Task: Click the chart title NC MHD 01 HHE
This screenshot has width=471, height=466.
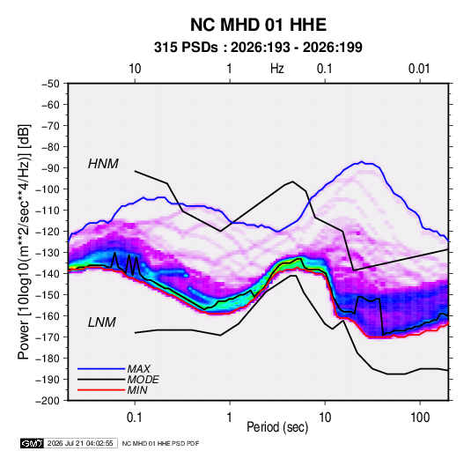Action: (x=258, y=25)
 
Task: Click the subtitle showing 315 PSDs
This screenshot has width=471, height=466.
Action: (x=258, y=48)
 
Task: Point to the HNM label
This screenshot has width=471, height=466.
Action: (x=103, y=164)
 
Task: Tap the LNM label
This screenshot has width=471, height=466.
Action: (x=102, y=322)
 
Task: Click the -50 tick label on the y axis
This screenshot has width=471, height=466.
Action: (x=50, y=84)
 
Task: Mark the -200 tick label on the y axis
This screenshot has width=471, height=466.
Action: (x=48, y=401)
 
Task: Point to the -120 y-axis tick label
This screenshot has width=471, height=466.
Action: (x=48, y=232)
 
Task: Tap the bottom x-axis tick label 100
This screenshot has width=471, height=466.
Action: (x=420, y=418)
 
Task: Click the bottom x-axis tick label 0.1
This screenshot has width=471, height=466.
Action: (x=135, y=418)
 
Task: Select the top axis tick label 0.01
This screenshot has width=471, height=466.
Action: (x=419, y=69)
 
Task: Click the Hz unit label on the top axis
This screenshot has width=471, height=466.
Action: (x=277, y=69)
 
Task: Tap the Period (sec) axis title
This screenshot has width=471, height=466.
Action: (x=277, y=427)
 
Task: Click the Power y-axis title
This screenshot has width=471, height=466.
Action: (x=24, y=242)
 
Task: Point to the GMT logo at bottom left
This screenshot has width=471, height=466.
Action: (x=32, y=443)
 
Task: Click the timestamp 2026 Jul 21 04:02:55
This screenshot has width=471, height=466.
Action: (x=80, y=443)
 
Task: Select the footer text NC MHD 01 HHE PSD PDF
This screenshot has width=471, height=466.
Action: (x=160, y=443)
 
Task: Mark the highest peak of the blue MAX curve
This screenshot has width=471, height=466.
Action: (x=362, y=162)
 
